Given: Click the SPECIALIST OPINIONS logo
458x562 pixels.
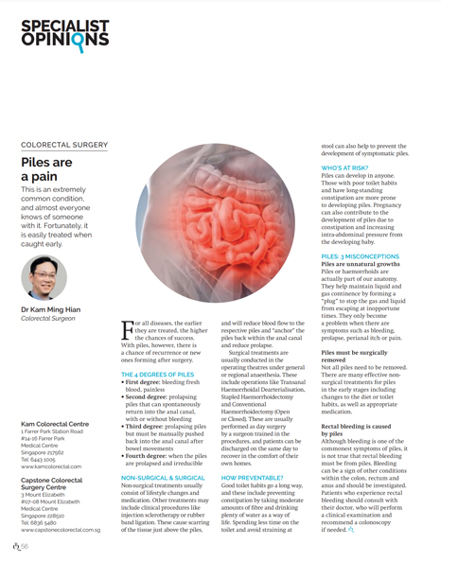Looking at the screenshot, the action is coord(64,32).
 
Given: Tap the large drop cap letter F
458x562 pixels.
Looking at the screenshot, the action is coord(128,328).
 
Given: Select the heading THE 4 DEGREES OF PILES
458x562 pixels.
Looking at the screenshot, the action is coord(158,376).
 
